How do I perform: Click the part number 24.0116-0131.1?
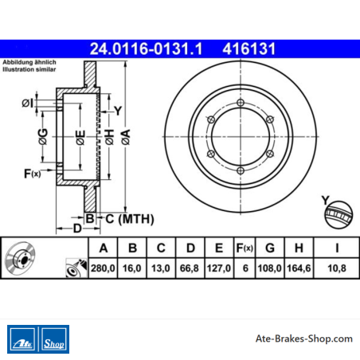point(146,49)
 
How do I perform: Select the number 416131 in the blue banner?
point(248,49)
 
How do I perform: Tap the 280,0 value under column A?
point(103,268)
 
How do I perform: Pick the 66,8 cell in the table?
point(189,268)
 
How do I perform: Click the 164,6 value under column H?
point(299,268)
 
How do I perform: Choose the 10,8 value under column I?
point(337,268)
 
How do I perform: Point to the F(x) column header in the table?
point(245,248)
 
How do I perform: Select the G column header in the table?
point(270,248)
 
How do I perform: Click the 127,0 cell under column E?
point(219,268)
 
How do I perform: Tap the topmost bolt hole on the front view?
point(241,103)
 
